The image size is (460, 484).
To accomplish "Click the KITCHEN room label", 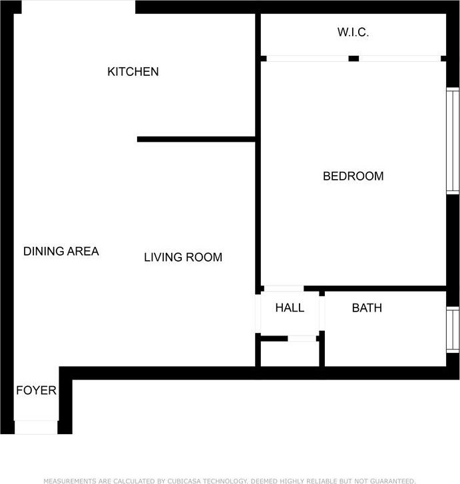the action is click(133, 72).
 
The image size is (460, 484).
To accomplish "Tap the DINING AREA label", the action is click(61, 251).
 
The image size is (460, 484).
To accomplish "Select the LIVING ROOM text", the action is click(183, 257).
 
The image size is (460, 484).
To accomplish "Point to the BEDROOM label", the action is click(353, 176).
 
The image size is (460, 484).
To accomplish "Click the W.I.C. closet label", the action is click(353, 32).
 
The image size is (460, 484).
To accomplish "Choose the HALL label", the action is click(290, 308).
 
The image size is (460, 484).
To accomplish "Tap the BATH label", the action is click(367, 308).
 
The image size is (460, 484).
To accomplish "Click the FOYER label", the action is click(37, 391).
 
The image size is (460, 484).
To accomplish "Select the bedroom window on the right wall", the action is click(453, 141).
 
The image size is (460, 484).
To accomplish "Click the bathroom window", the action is click(453, 330).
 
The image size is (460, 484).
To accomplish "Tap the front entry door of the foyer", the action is click(36, 427).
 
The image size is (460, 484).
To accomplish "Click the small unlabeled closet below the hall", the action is click(290, 354).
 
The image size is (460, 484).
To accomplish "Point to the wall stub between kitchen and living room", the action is click(196, 139).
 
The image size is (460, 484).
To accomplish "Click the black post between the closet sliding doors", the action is click(353, 59).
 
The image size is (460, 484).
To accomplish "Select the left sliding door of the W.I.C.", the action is click(308, 59).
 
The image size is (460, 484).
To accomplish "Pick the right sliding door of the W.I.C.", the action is click(400, 59).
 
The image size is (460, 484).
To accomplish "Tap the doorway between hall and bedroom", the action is click(284, 289).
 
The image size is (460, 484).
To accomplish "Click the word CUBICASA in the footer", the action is click(184, 481).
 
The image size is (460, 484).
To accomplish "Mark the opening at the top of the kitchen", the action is click(79, 7).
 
